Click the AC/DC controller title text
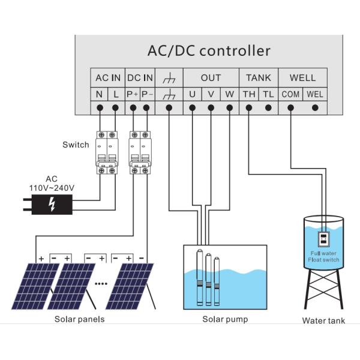(x=209, y=50)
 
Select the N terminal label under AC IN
(x=99, y=94)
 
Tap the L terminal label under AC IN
(x=115, y=94)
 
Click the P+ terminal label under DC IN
(x=133, y=94)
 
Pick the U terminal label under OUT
(x=192, y=94)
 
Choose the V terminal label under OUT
(x=211, y=94)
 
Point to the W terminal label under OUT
(x=229, y=94)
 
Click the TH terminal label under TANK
(x=248, y=94)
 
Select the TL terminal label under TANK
(x=268, y=94)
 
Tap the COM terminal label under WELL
(x=291, y=94)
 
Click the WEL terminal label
(x=315, y=94)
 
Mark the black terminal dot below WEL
(x=316, y=108)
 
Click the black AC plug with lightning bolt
(x=51, y=205)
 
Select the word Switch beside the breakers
(x=76, y=145)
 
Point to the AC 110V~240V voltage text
(x=52, y=184)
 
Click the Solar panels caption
(x=80, y=319)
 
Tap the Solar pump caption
(x=225, y=319)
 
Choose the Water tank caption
(x=323, y=320)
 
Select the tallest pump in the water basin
(x=200, y=276)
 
